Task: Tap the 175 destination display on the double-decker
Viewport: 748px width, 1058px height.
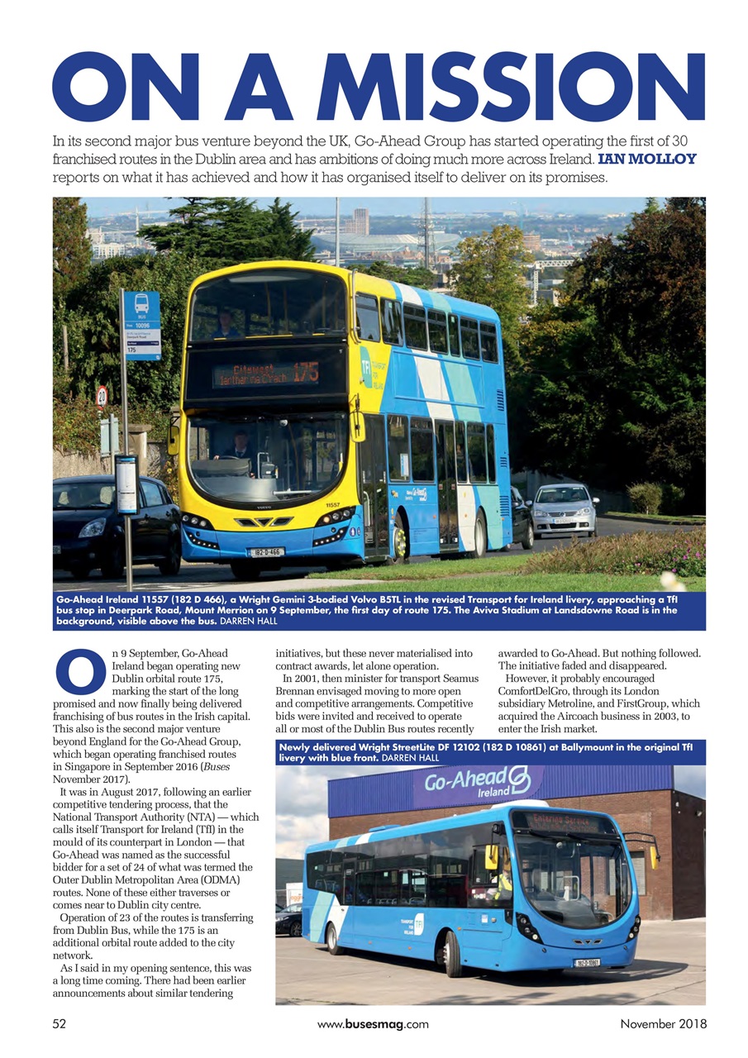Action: click(x=266, y=373)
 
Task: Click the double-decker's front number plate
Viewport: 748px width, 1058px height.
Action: click(x=266, y=551)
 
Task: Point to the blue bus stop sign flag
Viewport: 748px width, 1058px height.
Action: click(x=141, y=325)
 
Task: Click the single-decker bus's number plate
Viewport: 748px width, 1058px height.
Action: click(x=588, y=963)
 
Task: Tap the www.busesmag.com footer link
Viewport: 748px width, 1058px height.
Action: click(x=373, y=1024)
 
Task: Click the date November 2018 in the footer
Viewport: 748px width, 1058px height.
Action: click(x=663, y=1024)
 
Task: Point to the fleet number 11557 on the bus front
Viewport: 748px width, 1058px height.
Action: click(x=331, y=504)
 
